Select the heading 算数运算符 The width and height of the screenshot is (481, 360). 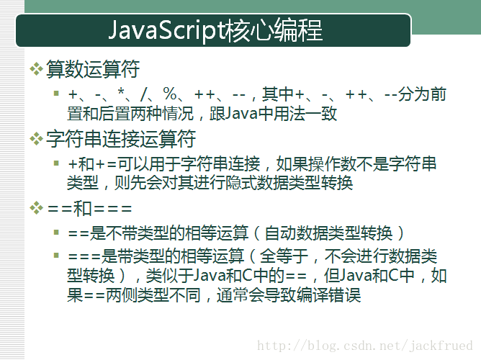[93, 68]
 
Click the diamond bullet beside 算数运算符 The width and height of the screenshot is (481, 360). [37, 68]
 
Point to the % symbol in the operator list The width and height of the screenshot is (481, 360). [170, 94]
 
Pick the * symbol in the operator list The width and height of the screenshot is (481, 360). [121, 92]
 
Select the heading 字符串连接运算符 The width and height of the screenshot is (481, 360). [121, 139]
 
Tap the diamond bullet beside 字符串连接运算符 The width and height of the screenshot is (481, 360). [37, 139]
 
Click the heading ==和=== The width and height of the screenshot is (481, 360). [89, 209]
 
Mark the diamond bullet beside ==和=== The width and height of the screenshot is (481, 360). [37, 209]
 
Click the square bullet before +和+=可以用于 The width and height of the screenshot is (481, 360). [56, 163]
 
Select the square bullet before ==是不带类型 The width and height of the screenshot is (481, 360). [56, 232]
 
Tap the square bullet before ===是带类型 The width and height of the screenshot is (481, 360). [56, 255]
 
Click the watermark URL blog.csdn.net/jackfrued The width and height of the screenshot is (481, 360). [365, 346]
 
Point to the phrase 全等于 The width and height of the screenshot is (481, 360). [284, 256]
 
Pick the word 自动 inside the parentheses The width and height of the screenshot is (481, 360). [280, 233]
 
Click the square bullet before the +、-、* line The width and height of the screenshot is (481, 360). [56, 93]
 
